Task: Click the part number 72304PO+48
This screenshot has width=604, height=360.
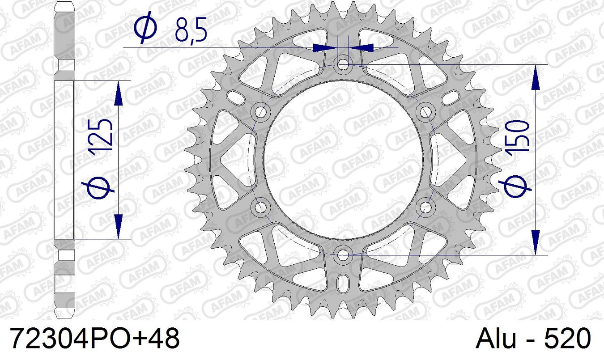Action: coord(94,339)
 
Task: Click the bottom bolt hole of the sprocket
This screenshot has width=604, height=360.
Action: coord(343,255)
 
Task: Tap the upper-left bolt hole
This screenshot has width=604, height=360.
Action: coord(260,111)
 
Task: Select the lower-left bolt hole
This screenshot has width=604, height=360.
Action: coord(260,207)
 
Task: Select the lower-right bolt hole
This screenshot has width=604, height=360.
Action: coord(426,207)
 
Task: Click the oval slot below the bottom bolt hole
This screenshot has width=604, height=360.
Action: coord(343,283)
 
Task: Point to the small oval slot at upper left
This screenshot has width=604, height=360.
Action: coord(234,96)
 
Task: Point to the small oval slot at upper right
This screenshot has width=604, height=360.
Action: coord(452,96)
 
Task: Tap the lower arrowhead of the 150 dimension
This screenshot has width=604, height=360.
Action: coord(536,242)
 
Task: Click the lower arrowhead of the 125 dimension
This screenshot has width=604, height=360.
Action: coord(119,226)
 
